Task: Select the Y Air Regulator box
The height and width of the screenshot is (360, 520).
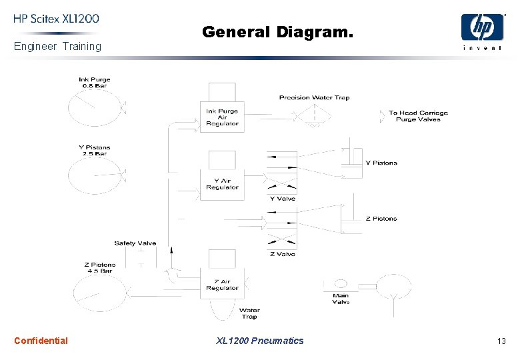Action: click(222, 184)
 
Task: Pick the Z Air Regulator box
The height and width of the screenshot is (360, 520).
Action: click(222, 284)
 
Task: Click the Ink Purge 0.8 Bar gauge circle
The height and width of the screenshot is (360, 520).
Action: click(93, 107)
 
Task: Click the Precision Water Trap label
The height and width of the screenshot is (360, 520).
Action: click(314, 97)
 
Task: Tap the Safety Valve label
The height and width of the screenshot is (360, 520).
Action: click(135, 243)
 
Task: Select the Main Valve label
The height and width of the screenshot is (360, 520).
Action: click(341, 298)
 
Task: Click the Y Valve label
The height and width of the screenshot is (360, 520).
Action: click(282, 199)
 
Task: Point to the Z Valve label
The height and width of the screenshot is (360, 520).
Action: click(282, 254)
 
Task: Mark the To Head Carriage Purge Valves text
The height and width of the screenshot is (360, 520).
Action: click(418, 116)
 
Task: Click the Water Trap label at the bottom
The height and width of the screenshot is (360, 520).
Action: click(249, 313)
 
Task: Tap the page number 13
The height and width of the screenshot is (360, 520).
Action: click(501, 341)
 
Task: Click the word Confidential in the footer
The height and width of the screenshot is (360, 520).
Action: click(41, 341)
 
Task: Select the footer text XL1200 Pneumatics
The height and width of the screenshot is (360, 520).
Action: click(260, 341)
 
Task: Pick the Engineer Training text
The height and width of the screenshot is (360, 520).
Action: click(57, 47)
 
